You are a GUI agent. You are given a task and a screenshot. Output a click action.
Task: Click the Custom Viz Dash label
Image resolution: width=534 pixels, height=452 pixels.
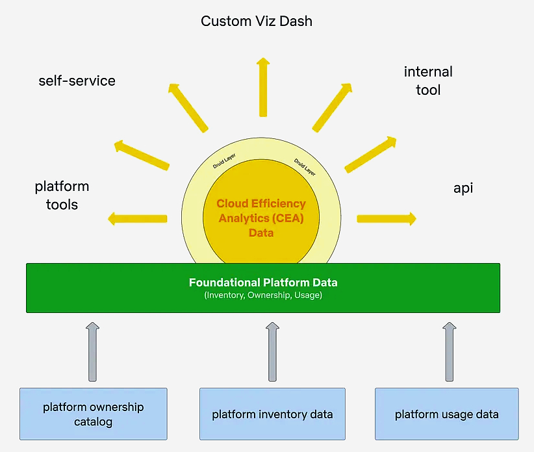tap(257, 21)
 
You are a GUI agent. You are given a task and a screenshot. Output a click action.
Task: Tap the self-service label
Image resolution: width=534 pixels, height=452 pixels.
tap(77, 81)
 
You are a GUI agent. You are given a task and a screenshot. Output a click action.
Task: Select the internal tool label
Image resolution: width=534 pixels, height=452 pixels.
tap(428, 81)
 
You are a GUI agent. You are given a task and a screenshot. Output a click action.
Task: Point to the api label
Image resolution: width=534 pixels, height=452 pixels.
tap(463, 188)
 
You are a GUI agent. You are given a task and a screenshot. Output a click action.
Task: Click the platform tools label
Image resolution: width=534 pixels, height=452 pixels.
tap(62, 195)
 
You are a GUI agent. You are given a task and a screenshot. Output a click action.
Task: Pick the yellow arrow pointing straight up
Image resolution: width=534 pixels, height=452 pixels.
tap(263, 87)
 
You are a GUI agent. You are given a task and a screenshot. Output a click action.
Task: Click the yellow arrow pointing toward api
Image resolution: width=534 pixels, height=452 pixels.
tap(387, 218)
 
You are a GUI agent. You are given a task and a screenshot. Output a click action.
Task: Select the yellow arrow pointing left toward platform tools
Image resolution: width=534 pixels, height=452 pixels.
tap(138, 218)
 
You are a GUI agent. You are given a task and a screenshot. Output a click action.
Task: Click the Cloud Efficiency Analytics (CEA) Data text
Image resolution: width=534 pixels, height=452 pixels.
tap(261, 218)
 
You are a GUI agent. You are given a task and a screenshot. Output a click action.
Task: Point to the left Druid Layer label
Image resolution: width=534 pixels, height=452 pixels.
tap(224, 160)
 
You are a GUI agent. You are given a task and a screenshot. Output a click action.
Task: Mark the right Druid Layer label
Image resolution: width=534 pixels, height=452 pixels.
tap(305, 167)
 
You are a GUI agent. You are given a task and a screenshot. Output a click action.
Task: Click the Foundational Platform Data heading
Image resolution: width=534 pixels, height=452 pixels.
tap(263, 282)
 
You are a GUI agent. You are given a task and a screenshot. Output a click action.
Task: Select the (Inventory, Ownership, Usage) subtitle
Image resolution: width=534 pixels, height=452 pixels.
tap(263, 295)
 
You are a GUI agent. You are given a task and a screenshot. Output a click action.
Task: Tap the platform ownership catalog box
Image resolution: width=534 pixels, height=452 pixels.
tap(94, 414)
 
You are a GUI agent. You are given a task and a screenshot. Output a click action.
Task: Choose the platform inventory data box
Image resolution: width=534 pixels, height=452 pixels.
tap(272, 414)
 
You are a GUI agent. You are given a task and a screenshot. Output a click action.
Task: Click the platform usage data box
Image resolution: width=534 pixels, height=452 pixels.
tap(447, 414)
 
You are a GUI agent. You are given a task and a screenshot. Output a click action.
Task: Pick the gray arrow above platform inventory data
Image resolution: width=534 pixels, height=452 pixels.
tap(272, 351)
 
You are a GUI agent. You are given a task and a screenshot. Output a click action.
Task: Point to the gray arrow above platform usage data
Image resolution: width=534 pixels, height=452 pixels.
tap(449, 351)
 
